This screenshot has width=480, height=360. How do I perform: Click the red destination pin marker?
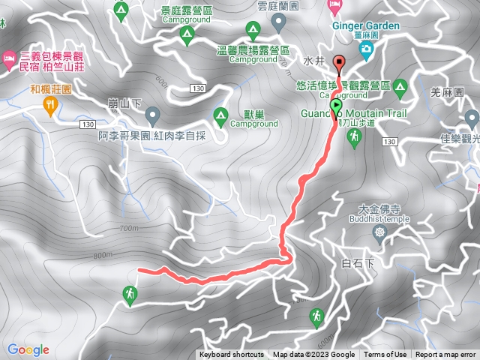click(338, 64)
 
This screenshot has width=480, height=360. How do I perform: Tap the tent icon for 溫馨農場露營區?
click(253, 31)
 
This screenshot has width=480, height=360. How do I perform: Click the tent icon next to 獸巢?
click(220, 115)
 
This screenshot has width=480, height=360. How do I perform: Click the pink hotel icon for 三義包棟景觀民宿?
click(8, 57)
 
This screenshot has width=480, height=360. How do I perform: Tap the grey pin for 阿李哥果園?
click(153, 116)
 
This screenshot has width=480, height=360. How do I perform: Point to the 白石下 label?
click(357, 262)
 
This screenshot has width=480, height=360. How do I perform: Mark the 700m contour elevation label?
click(129, 228)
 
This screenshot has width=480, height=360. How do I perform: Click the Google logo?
click(28, 349)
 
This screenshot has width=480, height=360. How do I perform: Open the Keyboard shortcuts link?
click(231, 355)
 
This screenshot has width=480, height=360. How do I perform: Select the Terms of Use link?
click(385, 355)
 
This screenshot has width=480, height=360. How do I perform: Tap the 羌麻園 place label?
click(444, 92)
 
